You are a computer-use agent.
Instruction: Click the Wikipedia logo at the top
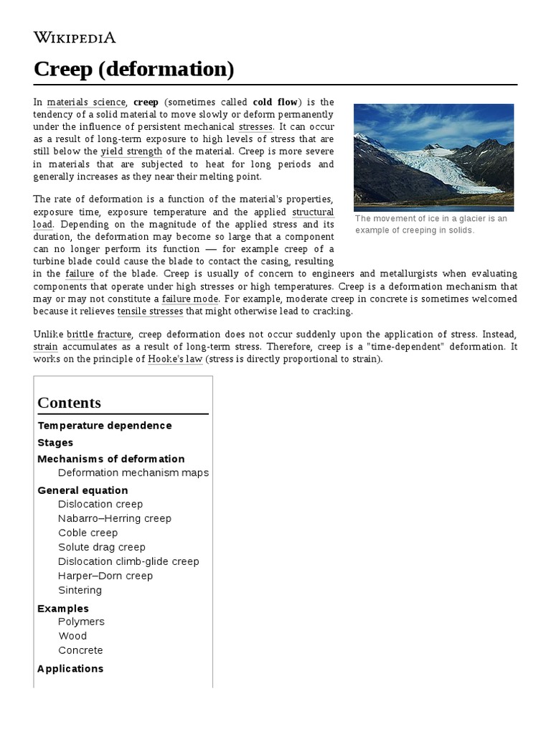click(x=75, y=37)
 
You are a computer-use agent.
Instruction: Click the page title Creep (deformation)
click(x=133, y=70)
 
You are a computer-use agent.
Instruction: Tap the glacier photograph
click(x=433, y=157)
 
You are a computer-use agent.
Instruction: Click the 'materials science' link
click(x=86, y=103)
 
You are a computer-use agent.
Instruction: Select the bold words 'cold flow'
click(x=275, y=103)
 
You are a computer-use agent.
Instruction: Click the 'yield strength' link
click(x=131, y=151)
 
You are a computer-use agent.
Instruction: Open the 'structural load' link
click(x=313, y=218)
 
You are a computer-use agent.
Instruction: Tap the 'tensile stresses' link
click(x=150, y=311)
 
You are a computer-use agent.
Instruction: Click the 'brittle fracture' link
click(x=99, y=334)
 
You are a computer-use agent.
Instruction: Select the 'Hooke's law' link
click(x=175, y=359)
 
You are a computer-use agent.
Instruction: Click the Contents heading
click(x=70, y=403)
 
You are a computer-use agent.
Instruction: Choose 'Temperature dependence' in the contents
click(x=105, y=426)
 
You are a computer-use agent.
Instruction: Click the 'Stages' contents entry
click(x=55, y=443)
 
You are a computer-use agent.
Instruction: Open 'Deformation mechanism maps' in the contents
click(x=133, y=473)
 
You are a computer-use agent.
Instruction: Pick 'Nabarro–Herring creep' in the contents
click(x=115, y=518)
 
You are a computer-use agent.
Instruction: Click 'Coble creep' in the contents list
click(x=88, y=533)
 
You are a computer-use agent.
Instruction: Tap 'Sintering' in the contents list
click(x=80, y=590)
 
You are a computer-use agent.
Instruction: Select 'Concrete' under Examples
click(x=80, y=650)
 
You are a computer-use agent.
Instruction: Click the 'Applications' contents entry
click(x=70, y=668)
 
